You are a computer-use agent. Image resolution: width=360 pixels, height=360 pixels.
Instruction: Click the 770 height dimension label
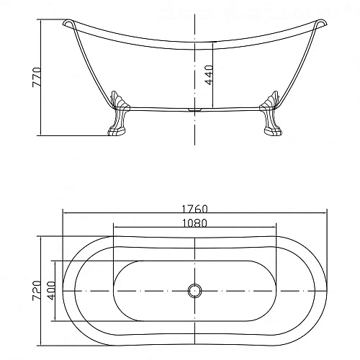pos(37,77)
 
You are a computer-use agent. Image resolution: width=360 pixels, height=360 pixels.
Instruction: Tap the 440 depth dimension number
pos(209,75)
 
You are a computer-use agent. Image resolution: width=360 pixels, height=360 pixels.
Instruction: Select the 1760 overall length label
pos(194,209)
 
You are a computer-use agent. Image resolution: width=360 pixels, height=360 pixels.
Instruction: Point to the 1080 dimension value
pos(194,223)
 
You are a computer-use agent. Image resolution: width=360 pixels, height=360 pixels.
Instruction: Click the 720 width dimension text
pos(37,291)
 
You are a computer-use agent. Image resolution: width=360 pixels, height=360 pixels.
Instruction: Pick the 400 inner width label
pos(51,291)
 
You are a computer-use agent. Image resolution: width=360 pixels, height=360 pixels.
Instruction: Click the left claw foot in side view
pos(118,114)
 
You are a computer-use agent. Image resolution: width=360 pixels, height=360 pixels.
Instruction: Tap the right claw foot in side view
pos(271,114)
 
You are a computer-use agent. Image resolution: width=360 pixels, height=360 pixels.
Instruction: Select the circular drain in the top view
pos(194,291)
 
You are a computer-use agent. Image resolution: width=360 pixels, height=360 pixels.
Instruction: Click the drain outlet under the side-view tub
pos(194,110)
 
